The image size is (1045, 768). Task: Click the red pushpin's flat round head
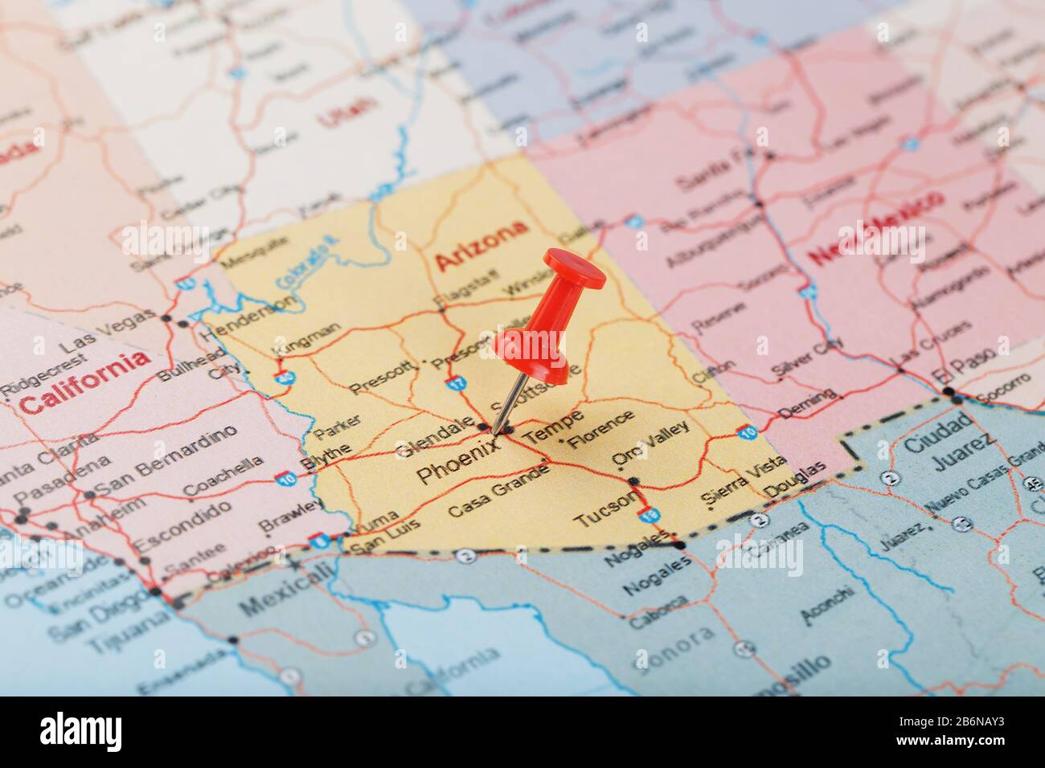(574, 269)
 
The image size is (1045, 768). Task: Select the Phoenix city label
(457, 464)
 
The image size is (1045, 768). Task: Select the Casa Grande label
(498, 489)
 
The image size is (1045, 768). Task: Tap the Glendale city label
(434, 437)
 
